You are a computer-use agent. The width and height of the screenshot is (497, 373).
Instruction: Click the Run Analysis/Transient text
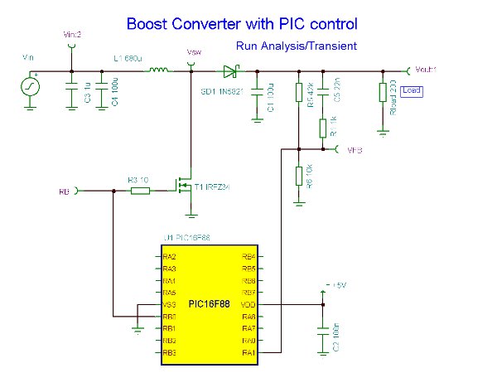pos(296,46)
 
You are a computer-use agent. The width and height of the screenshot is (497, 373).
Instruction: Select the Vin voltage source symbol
pos(30,86)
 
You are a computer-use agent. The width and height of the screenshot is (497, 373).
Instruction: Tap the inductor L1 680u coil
pos(157,70)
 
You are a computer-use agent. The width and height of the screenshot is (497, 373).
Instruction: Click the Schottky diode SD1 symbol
pos(228,71)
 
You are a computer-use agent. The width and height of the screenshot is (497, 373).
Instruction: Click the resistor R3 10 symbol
pos(139,191)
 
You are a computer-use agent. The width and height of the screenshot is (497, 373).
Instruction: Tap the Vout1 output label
pos(424,70)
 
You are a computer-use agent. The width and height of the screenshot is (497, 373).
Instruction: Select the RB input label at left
pos(63,191)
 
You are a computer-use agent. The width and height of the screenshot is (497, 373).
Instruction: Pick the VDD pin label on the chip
pos(248,304)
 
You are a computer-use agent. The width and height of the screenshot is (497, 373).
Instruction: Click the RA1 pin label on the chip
pos(248,352)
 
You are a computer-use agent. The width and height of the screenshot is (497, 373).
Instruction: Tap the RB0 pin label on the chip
pos(169,317)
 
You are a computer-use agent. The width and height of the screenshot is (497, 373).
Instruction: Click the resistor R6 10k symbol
pos(298,176)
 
